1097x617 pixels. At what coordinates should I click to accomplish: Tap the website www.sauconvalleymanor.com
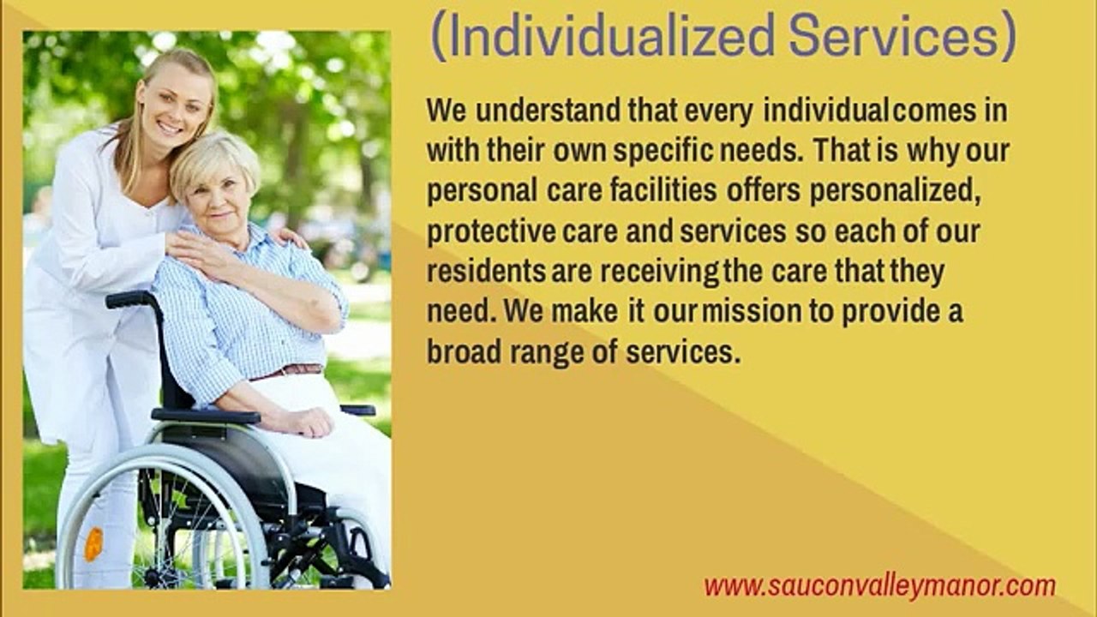pos(879,586)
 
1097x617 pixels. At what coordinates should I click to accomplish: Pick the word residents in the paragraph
pos(486,272)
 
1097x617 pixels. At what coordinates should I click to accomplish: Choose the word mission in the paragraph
pos(752,312)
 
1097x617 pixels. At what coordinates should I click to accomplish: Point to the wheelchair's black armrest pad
pos(206,416)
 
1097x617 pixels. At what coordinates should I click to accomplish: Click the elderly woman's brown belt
pos(291,371)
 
